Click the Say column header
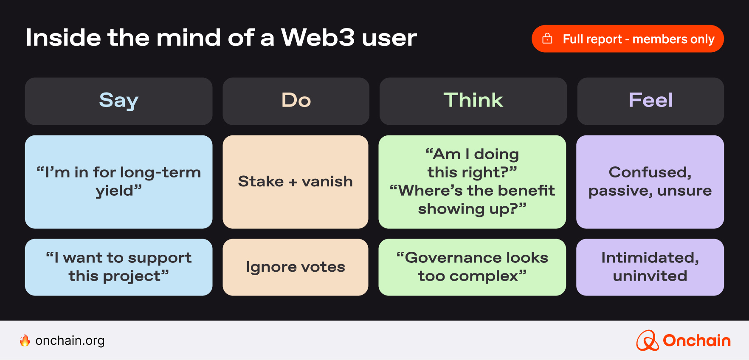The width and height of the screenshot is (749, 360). [118, 101]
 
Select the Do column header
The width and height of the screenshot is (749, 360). [296, 101]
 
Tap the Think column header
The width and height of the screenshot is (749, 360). [473, 101]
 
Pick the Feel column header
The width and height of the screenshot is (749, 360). [650, 101]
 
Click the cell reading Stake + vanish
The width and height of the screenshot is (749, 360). [296, 182]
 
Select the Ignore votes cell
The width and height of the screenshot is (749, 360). [296, 267]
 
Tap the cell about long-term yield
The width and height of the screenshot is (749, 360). [118, 182]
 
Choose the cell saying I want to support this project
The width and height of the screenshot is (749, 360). [118, 267]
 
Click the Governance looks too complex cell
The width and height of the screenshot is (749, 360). [472, 267]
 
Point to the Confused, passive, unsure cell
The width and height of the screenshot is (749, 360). [650, 182]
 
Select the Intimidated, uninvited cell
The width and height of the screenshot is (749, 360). [650, 267]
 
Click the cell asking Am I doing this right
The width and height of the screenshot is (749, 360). [472, 182]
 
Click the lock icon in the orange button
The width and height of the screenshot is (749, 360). [547, 39]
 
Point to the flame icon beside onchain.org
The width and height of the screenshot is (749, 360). [25, 340]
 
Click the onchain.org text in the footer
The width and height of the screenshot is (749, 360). [70, 340]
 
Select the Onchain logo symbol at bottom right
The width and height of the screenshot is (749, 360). [647, 340]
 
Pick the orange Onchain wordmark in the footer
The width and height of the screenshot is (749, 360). [696, 340]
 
